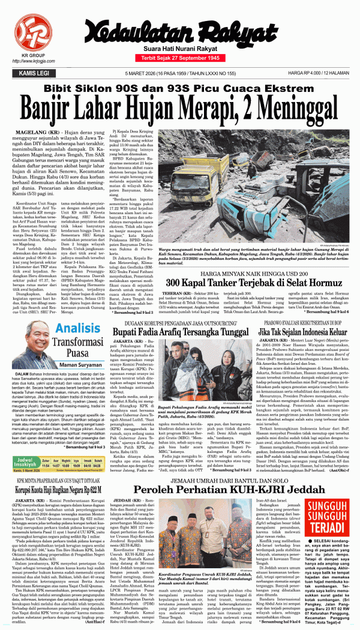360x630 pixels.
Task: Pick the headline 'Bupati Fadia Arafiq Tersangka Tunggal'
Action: (179, 331)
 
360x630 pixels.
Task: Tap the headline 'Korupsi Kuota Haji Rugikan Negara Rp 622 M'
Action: (67, 489)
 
